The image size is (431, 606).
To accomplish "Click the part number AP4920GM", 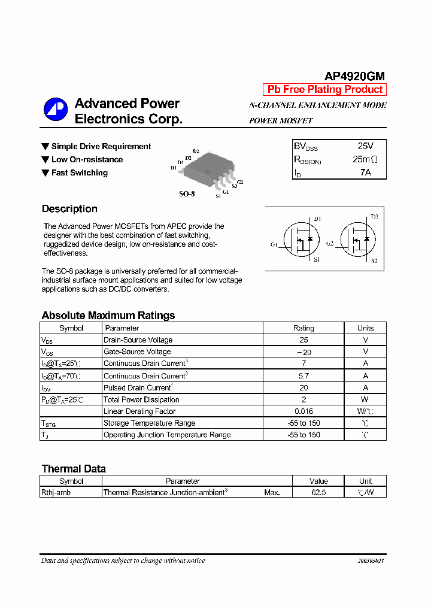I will click(354, 76).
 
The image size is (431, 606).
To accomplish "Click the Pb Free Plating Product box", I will click(325, 89).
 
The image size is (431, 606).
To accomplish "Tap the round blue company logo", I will click(56, 109).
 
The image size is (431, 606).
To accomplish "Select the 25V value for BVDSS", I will click(365, 146).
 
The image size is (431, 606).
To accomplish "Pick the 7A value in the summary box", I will click(365, 172).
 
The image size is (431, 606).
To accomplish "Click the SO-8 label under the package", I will click(187, 194).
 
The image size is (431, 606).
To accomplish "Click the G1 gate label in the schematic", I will click(274, 244).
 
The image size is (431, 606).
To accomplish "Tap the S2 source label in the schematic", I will click(374, 260).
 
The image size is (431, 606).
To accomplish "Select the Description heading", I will click(69, 209).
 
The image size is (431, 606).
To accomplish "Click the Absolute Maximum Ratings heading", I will click(108, 316).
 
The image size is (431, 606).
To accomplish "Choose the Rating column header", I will click(303, 328).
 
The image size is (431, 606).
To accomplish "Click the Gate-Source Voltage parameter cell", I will click(137, 352).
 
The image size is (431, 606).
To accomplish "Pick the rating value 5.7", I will click(303, 375).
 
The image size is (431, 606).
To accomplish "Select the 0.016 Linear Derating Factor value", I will click(303, 411).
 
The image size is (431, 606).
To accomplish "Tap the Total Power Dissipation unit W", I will click(365, 399).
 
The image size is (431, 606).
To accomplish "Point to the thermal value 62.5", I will click(318, 492).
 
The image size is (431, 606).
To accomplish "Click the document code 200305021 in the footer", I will click(371, 561).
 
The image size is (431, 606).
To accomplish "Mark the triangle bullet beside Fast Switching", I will click(45, 172).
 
